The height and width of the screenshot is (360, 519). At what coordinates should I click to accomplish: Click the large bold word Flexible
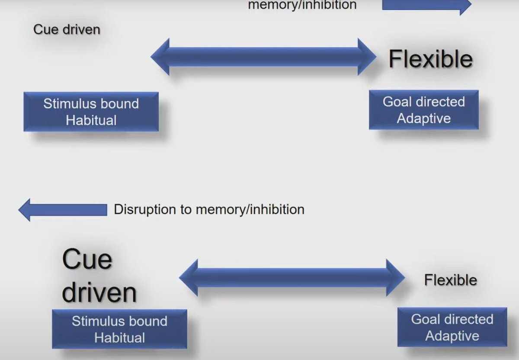point(430,59)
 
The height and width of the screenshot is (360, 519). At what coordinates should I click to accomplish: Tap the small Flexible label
point(450,280)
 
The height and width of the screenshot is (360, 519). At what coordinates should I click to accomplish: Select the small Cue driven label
point(67,30)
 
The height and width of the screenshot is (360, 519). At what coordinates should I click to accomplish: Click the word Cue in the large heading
point(87,259)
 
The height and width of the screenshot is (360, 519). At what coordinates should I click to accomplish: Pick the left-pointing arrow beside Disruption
point(63,210)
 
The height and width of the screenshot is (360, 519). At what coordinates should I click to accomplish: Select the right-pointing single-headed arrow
point(426,6)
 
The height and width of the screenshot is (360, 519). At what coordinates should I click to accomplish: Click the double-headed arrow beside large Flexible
point(263,57)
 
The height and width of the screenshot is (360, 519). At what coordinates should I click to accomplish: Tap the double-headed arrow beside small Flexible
point(292,278)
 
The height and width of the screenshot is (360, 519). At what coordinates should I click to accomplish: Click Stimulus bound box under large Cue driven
point(119,329)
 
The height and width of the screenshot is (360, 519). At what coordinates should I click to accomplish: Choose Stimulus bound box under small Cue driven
point(91,111)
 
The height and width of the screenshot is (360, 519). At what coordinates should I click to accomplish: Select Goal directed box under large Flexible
point(423,109)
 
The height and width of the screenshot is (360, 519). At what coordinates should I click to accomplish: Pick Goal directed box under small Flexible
point(452,327)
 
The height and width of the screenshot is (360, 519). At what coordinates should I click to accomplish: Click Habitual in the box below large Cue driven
point(119,337)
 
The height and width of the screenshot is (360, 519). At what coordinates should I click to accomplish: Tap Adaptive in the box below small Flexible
point(452,336)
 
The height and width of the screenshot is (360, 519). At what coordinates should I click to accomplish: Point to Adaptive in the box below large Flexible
point(423,118)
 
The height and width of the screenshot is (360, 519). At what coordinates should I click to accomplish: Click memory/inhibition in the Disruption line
point(250,209)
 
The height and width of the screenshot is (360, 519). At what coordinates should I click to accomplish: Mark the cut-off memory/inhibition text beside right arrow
point(302,5)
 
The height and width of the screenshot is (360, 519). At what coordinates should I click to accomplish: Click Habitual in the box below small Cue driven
point(91,120)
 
